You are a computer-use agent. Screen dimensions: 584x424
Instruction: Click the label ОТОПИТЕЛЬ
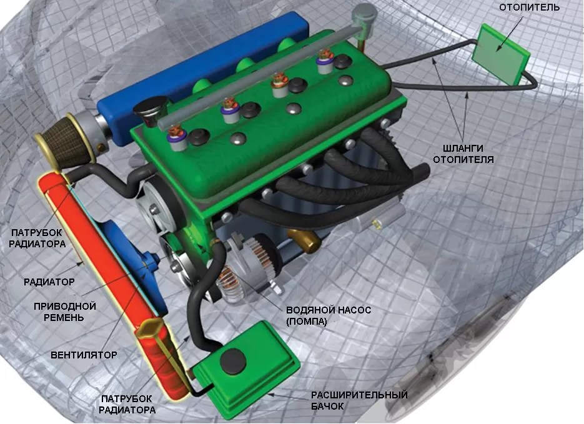(529, 7)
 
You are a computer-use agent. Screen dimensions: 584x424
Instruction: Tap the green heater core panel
(500, 54)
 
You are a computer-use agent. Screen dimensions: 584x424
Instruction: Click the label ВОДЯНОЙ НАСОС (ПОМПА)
(329, 315)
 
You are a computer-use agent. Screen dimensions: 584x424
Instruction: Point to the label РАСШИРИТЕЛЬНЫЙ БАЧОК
(359, 400)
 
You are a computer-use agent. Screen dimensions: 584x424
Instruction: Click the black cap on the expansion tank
(233, 362)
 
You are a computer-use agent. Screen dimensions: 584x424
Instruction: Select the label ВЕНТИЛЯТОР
(84, 355)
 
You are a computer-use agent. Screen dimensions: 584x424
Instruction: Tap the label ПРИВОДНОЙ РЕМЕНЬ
(65, 312)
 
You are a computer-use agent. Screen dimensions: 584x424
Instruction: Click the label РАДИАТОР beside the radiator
(49, 282)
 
